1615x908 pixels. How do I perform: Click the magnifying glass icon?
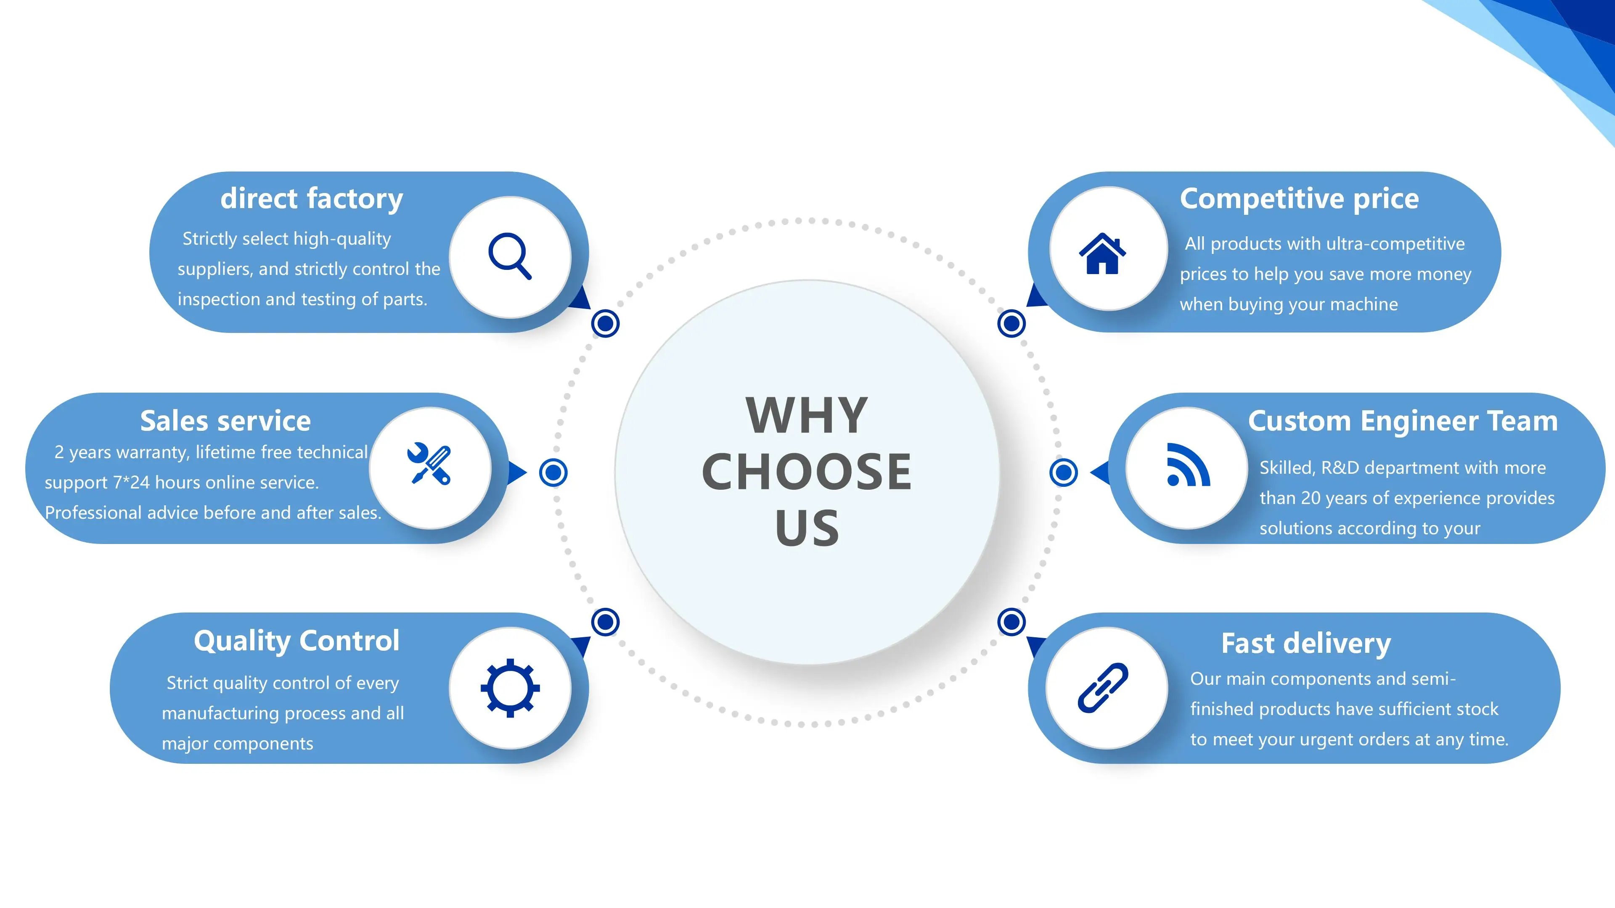tap(510, 256)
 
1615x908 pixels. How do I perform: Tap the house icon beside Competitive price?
tap(1102, 254)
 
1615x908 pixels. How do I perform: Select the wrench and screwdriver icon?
tap(429, 464)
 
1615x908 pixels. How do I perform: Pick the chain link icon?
tap(1103, 687)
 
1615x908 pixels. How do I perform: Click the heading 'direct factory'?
tap(312, 199)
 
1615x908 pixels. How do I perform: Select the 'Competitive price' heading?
tap(1299, 199)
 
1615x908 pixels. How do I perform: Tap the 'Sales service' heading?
tap(225, 421)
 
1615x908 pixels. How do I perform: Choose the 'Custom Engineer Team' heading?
tap(1403, 421)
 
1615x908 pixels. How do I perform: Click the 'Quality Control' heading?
tap(297, 641)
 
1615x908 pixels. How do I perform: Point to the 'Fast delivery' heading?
tap(1306, 644)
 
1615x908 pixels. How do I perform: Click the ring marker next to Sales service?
tap(553, 472)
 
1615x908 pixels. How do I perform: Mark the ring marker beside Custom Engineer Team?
tap(1063, 472)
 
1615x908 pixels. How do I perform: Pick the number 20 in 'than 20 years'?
tap(1311, 498)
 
